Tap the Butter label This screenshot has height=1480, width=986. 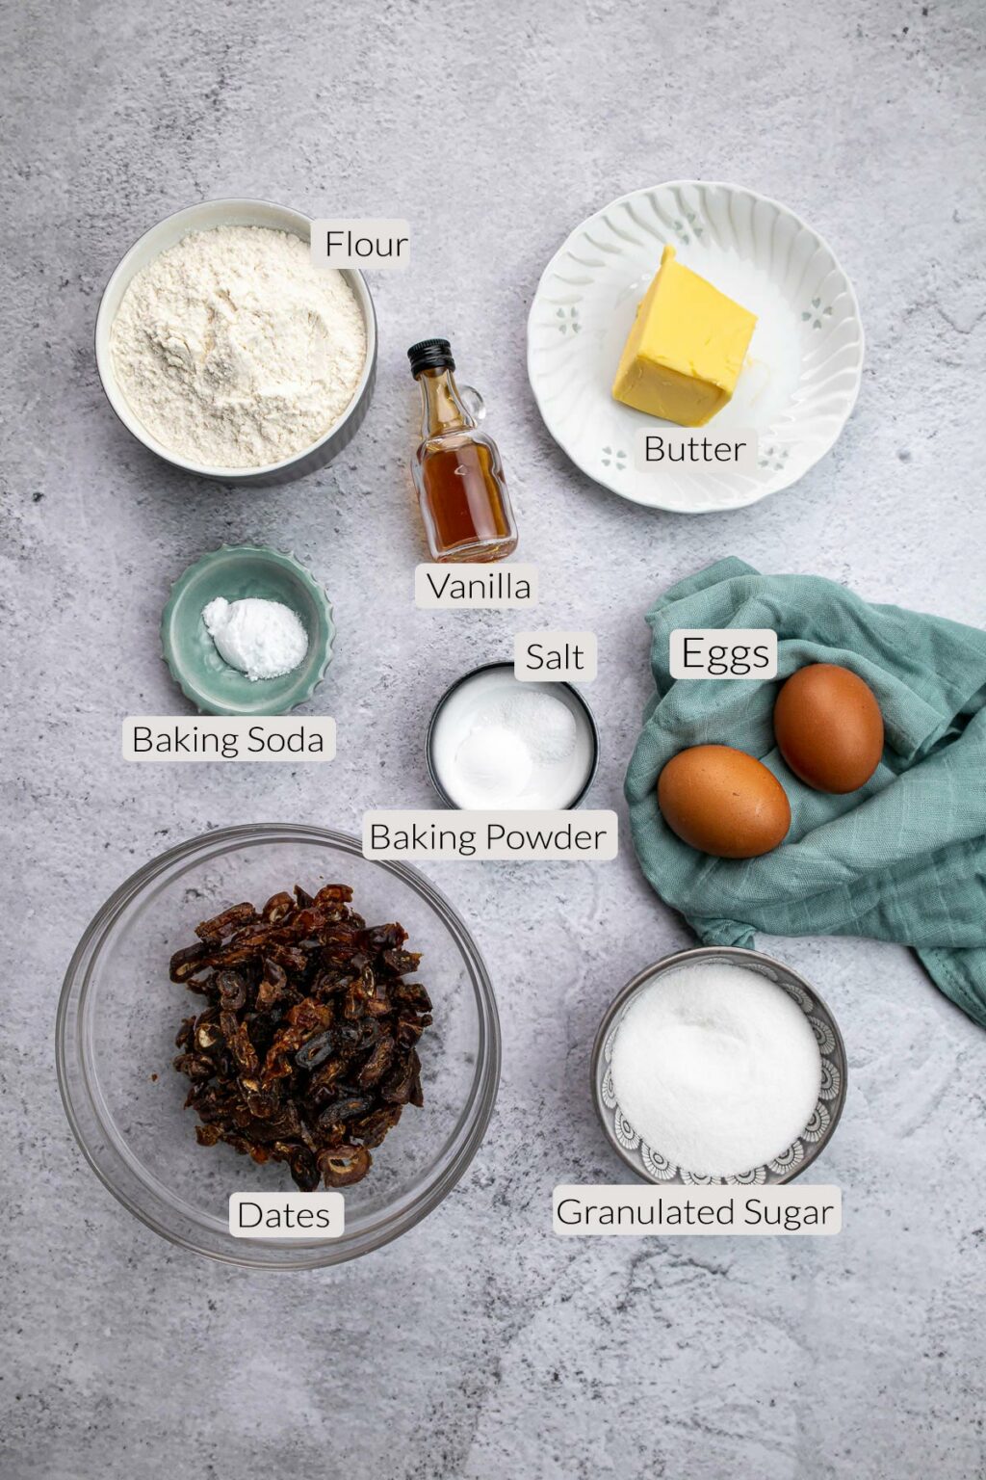tap(694, 449)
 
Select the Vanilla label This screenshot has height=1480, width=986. tap(478, 586)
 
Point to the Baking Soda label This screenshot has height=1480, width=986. tap(228, 739)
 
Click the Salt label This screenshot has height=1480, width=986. tap(555, 656)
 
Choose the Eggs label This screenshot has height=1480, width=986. tap(724, 654)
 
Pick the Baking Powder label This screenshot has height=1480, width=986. tap(488, 836)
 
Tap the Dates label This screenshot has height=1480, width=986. tap(284, 1214)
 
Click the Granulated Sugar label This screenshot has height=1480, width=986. tap(695, 1211)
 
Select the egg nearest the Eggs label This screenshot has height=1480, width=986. tap(828, 727)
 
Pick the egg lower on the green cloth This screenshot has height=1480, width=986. tap(724, 801)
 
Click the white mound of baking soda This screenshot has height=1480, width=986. tap(255, 636)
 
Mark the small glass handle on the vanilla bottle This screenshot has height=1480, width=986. tap(473, 402)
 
